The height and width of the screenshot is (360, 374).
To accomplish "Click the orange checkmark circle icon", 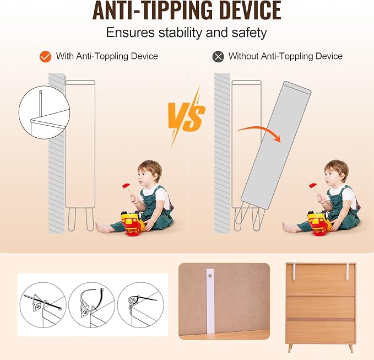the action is pyautogui.click(x=45, y=57).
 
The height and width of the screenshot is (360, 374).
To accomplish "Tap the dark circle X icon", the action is pyautogui.click(x=218, y=57).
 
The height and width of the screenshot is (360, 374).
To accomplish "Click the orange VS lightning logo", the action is pyautogui.click(x=186, y=117).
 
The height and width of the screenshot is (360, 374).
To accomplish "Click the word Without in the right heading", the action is pyautogui.click(x=243, y=56).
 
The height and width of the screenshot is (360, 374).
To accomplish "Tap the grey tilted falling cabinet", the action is pyautogui.click(x=276, y=146).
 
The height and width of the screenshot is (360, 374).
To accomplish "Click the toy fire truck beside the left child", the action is pyautogui.click(x=132, y=223).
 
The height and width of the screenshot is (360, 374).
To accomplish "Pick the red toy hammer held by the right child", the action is pyautogui.click(x=314, y=187).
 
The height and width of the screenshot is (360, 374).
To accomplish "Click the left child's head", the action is pyautogui.click(x=150, y=173).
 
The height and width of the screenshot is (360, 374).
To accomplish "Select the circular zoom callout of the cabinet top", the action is pyautogui.click(x=45, y=112).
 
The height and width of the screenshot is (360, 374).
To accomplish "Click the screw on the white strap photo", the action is pyautogui.click(x=210, y=276).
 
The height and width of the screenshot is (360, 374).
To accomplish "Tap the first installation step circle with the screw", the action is pyautogui.click(x=43, y=305).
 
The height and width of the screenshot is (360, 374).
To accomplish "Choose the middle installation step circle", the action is pyautogui.click(x=92, y=305).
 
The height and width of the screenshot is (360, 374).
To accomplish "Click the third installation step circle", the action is pyautogui.click(x=140, y=305).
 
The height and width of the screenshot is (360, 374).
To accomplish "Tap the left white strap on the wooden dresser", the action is pyautogui.click(x=295, y=271).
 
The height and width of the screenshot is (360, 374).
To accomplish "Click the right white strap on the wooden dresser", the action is pyautogui.click(x=348, y=271).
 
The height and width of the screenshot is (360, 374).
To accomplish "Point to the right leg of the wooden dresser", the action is pyautogui.click(x=351, y=348).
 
